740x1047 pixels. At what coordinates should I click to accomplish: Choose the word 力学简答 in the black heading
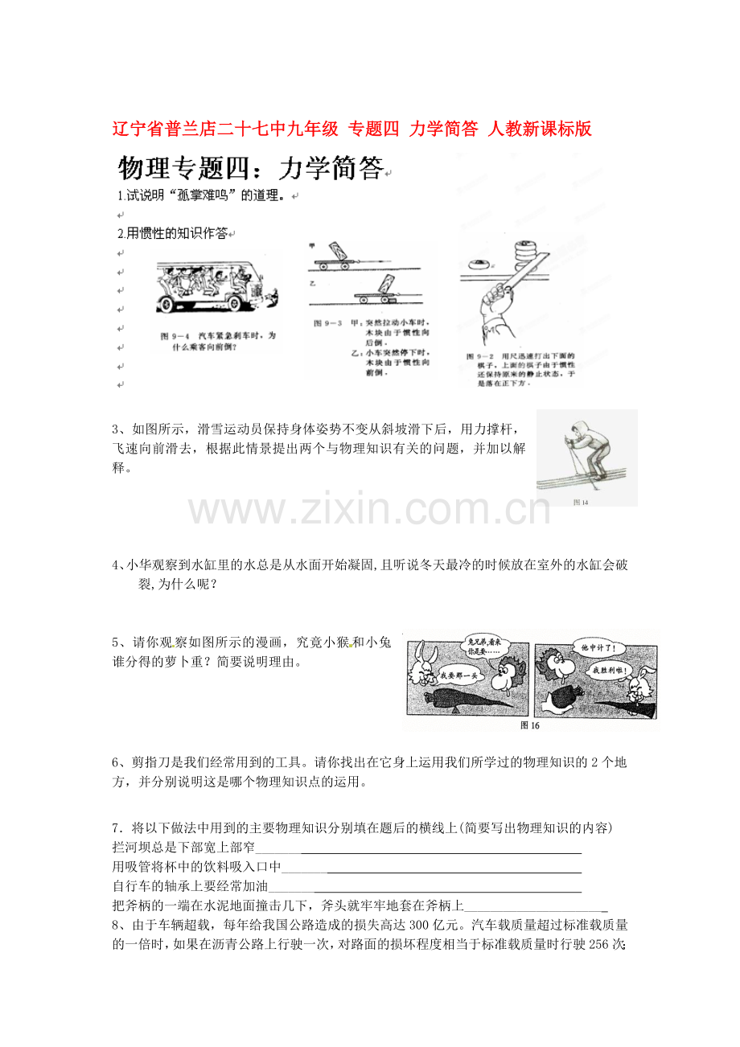(330, 167)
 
